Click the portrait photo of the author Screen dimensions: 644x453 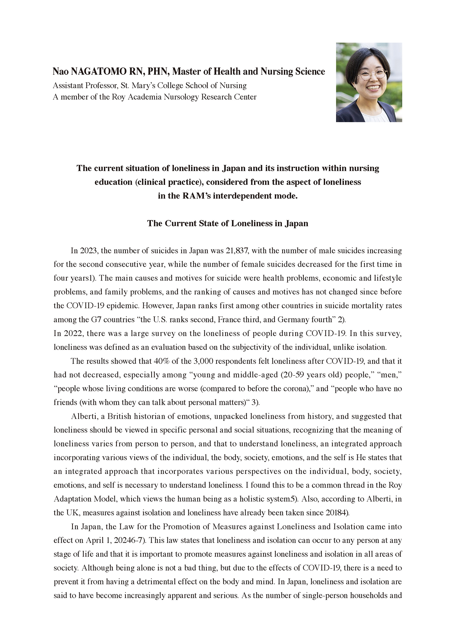pyautogui.click(x=369, y=82)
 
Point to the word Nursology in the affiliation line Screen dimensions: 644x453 pyautogui.click(x=182, y=97)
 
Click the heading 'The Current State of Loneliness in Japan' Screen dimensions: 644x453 pyautogui.click(x=228, y=223)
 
